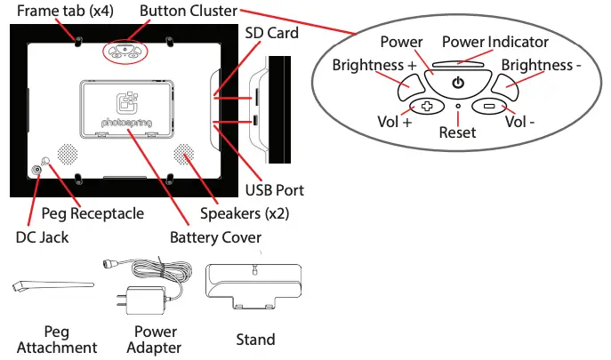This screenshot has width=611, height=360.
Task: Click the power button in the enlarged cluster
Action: [x=458, y=83]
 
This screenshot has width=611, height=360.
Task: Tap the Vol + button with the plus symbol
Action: [x=427, y=106]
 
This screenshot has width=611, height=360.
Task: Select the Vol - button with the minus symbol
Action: [x=489, y=106]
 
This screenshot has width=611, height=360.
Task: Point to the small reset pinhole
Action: [x=458, y=106]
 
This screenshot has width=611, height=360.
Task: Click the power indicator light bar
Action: [x=458, y=64]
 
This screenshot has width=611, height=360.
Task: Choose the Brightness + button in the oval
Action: [x=411, y=87]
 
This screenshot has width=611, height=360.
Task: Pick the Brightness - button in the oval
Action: [x=505, y=87]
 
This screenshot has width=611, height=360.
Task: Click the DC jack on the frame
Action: [x=36, y=170]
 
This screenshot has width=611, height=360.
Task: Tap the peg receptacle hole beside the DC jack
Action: [x=45, y=161]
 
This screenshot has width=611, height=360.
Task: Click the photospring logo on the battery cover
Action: [x=126, y=110]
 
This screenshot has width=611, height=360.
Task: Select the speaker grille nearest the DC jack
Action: [x=68, y=154]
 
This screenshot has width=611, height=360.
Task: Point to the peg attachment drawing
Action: [x=53, y=285]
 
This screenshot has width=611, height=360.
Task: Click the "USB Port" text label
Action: [x=274, y=190]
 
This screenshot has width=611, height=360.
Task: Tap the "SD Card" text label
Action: [x=271, y=33]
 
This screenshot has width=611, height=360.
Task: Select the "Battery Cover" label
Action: [x=215, y=237]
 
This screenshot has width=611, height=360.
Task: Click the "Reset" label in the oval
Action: [x=457, y=132]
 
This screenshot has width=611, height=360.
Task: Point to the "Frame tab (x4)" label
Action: [x=65, y=11]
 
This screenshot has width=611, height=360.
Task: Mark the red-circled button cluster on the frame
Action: [x=125, y=52]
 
